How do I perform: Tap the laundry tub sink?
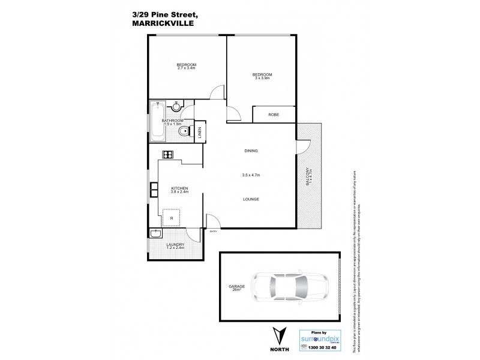tap(155, 234)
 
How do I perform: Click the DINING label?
tap(251, 151)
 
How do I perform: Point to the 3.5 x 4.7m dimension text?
tap(251, 175)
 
